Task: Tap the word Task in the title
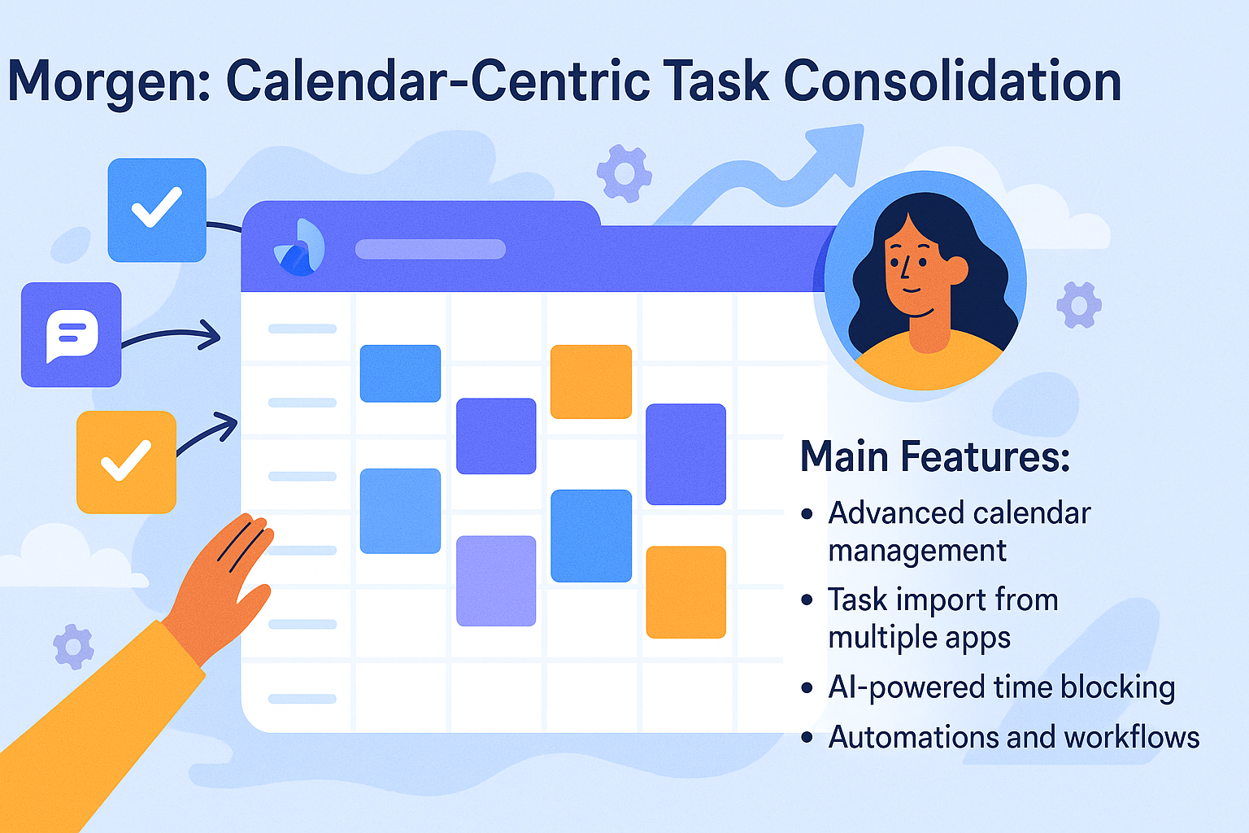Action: (718, 81)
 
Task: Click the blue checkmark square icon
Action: (157, 210)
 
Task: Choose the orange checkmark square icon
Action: (127, 462)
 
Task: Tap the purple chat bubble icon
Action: (71, 335)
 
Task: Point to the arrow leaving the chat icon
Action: (171, 334)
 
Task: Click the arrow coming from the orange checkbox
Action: (207, 434)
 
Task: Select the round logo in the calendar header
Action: (299, 248)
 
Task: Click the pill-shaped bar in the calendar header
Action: (430, 250)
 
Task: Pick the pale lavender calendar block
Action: (496, 581)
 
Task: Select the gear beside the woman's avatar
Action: (1079, 304)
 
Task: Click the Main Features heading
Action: (935, 456)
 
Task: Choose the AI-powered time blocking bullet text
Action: (1002, 687)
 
